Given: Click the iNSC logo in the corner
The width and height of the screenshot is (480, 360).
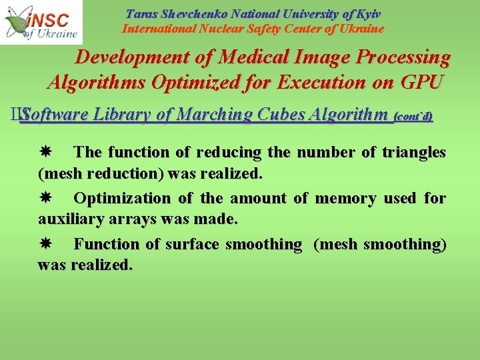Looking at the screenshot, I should pos(41,22).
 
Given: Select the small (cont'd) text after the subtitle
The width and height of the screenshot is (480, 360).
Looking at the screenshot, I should pos(413,116).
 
